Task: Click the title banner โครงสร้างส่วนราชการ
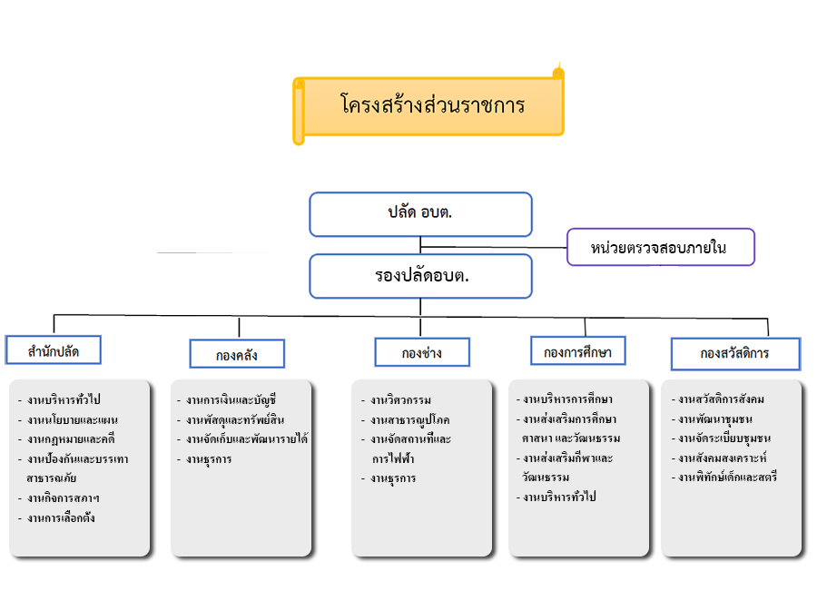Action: pos(428,106)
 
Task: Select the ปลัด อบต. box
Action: pos(420,214)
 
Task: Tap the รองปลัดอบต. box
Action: pos(420,276)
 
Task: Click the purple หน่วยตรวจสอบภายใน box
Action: pos(661,247)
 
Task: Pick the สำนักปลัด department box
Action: pos(54,350)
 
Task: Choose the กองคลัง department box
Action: pos(237,354)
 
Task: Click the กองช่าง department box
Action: pos(422,352)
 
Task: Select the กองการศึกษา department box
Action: pos(578,350)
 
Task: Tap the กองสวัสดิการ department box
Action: pos(735,354)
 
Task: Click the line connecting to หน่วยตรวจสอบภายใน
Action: pos(494,247)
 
